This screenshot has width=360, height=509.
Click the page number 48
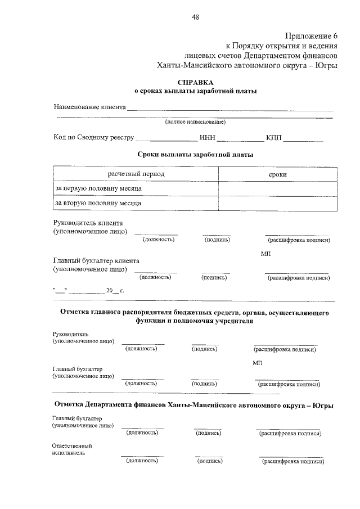pos(195,17)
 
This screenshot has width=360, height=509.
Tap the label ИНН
pos(207,137)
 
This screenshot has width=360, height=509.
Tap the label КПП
pos(274,137)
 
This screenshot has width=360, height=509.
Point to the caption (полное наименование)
pos(195,122)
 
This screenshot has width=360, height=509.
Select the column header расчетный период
pos(136,174)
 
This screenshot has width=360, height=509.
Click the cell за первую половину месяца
pos(97,188)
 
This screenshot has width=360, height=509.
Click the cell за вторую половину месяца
pos(97,202)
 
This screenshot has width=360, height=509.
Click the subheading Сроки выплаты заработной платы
pos(195,154)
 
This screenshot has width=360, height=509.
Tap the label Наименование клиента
pos(89,106)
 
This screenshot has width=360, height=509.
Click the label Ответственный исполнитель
pos(71,449)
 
